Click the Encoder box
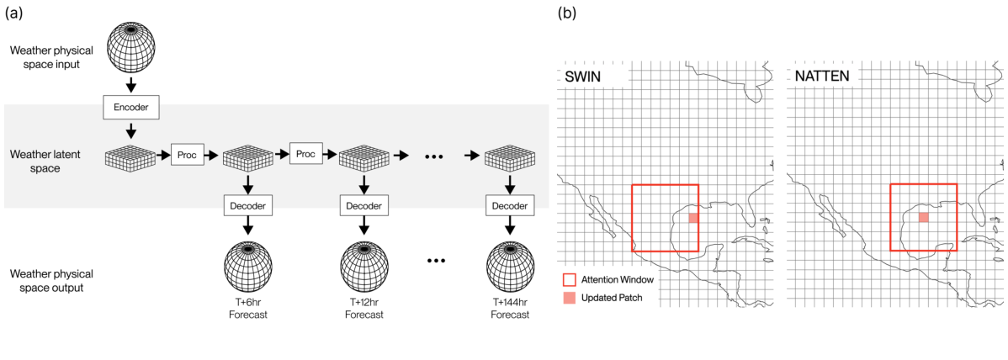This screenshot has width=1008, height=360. pyautogui.click(x=131, y=108)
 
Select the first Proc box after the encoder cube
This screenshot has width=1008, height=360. pyautogui.click(x=186, y=155)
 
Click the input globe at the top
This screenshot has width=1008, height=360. pyautogui.click(x=131, y=49)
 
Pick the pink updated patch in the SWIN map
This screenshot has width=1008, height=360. pyautogui.click(x=692, y=218)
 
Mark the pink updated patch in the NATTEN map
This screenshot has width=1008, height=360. pyautogui.click(x=923, y=217)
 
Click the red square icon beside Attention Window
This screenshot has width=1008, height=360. pyautogui.click(x=570, y=279)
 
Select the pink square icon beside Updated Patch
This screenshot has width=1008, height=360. pyautogui.click(x=570, y=298)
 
